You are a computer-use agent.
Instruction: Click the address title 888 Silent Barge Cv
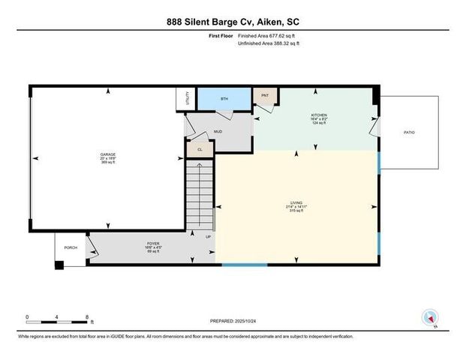pyautogui.click(x=232, y=22)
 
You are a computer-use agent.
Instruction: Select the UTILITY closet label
pyautogui.click(x=182, y=98)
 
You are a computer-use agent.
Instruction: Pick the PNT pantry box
pyautogui.click(x=265, y=96)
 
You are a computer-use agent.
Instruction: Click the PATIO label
pyautogui.click(x=409, y=132)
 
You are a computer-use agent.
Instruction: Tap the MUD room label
pyautogui.click(x=218, y=131)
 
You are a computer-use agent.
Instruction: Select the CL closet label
pyautogui.click(x=200, y=149)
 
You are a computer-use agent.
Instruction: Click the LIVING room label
pyautogui.click(x=297, y=203)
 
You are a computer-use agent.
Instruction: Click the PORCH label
pyautogui.click(x=71, y=247)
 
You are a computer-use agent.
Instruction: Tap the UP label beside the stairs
pyautogui.click(x=208, y=237)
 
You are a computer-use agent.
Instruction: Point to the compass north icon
pyautogui.click(x=430, y=317)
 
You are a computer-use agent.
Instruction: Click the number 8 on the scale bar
pyautogui.click(x=88, y=317)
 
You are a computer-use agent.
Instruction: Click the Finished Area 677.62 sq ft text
pyautogui.click(x=268, y=35)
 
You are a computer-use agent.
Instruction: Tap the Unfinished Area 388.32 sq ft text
pyautogui.click(x=268, y=43)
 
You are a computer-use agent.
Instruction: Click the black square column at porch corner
pyautogui.click(x=59, y=263)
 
